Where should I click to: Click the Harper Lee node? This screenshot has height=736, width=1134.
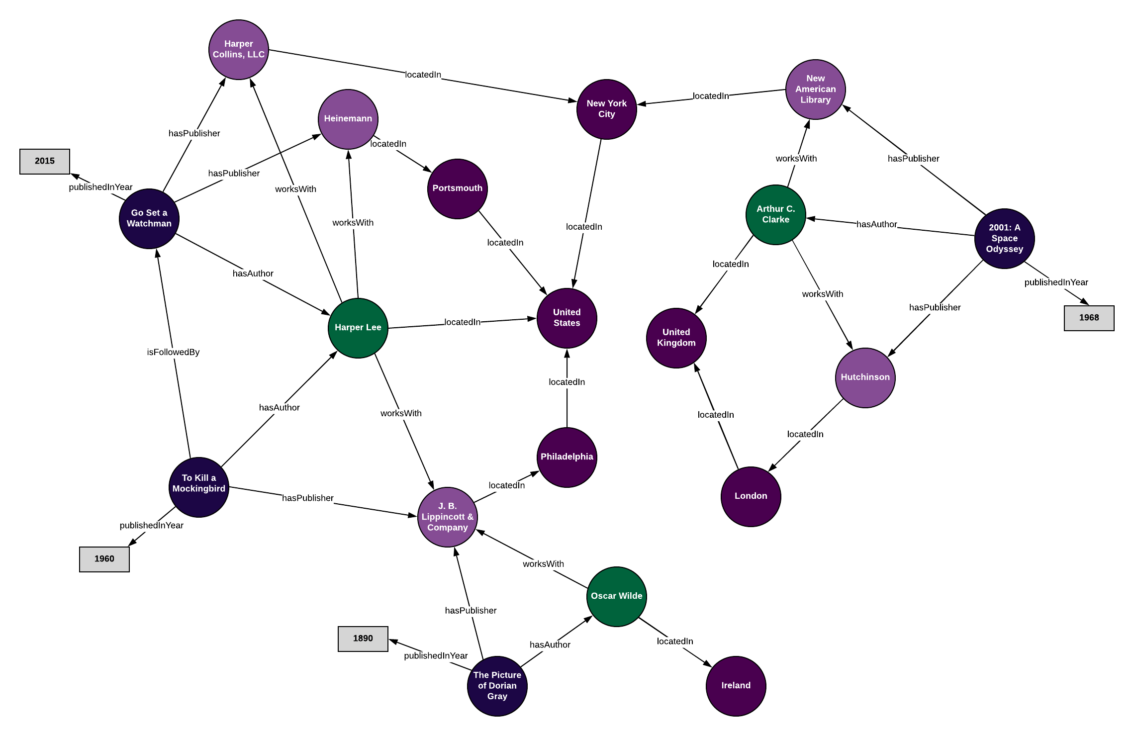coord(358,328)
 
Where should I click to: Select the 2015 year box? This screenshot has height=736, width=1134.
coord(45,161)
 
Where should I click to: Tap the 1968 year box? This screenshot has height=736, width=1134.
coord(1089,318)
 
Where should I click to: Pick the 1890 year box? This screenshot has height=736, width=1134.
coord(363,639)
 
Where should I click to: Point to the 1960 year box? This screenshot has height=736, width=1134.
coord(104,559)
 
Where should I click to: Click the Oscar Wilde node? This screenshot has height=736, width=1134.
coord(616,596)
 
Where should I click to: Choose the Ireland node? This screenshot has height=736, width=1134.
coord(736,686)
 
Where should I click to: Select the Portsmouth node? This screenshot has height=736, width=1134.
coord(457,188)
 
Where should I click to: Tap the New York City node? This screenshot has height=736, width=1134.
coord(606,109)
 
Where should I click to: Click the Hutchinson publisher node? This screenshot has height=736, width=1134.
coord(865,377)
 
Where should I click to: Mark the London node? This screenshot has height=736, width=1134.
coord(751,496)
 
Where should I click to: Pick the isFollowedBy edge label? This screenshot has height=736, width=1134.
coord(173,352)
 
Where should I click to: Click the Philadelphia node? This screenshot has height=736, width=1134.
coord(567,457)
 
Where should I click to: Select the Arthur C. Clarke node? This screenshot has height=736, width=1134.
coord(775,214)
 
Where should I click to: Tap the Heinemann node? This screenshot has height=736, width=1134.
coord(348,119)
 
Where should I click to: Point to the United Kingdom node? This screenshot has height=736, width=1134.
coord(676,338)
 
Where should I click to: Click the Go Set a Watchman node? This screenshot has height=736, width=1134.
coord(149,218)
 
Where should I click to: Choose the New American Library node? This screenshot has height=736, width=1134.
coord(815,89)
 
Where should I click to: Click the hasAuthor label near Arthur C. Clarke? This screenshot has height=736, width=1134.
coord(876,224)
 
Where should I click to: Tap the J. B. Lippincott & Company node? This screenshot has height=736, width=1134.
coord(447,517)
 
